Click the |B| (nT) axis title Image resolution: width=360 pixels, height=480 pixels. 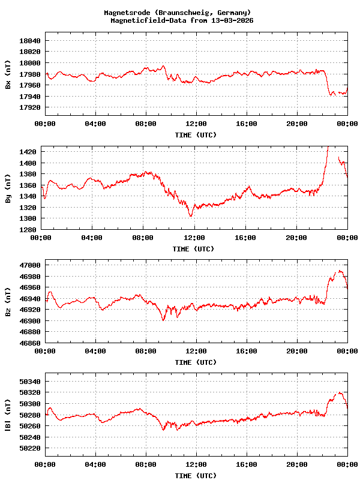click(8, 416)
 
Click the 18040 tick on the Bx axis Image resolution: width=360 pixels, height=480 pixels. click(30, 40)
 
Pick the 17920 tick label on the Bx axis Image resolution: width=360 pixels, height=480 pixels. click(30, 108)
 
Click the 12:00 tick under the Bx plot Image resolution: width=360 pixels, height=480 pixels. click(196, 124)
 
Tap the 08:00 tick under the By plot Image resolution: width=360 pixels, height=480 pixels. click(143, 238)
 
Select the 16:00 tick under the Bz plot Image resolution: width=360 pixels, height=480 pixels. click(247, 352)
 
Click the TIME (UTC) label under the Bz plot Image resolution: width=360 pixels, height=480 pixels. click(196, 362)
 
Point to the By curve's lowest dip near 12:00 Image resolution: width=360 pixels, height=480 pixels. click(191, 215)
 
